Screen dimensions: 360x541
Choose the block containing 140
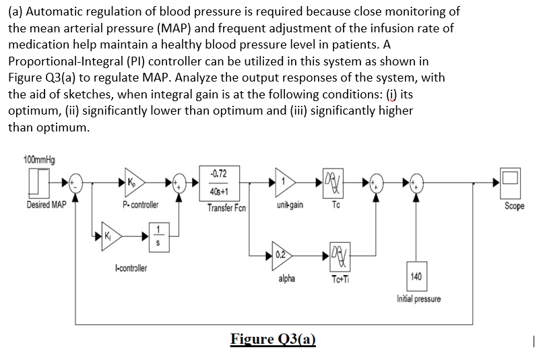pyautogui.click(x=416, y=276)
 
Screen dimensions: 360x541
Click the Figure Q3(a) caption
pyautogui.click(x=273, y=338)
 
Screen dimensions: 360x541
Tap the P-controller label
pyautogui.click(x=140, y=204)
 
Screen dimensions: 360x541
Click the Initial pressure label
pyautogui.click(x=419, y=299)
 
